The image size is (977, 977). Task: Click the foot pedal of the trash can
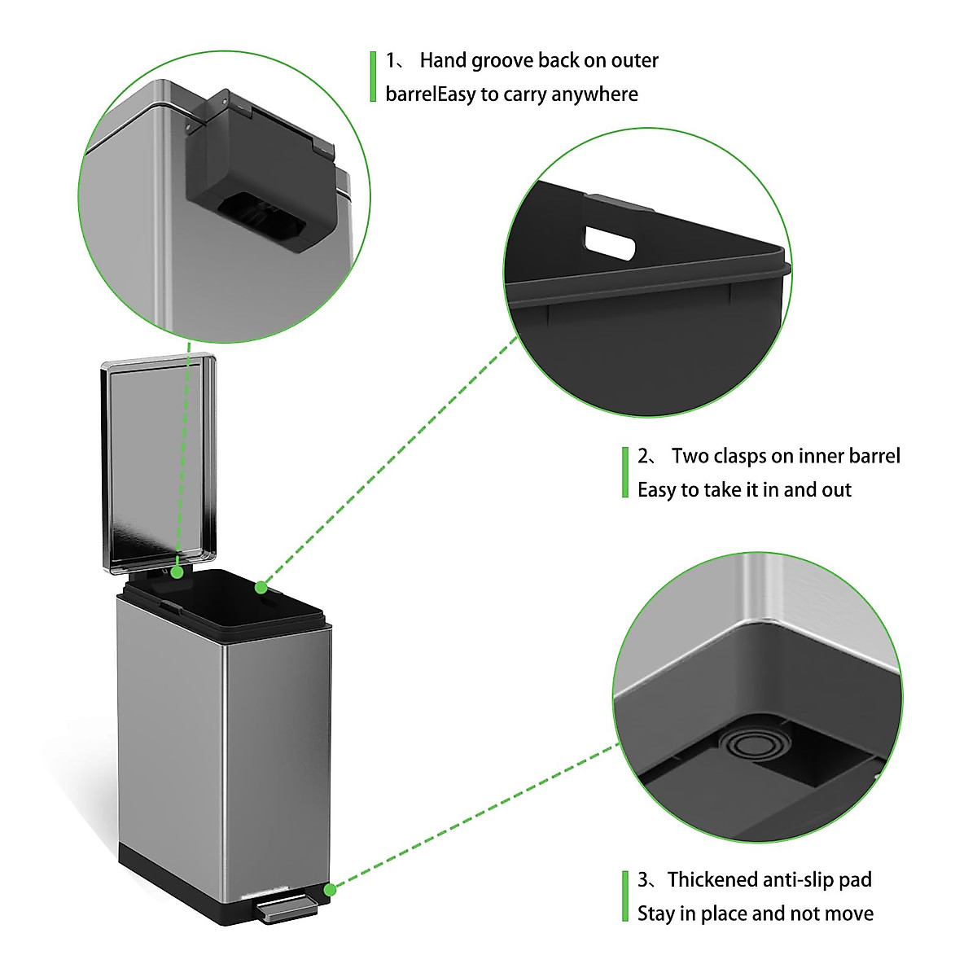(x=286, y=908)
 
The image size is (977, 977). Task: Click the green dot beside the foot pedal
(x=330, y=889)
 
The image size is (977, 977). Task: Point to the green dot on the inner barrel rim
(x=261, y=587)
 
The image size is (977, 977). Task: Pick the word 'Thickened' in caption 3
(x=712, y=880)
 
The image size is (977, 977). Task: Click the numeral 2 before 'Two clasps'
(x=643, y=456)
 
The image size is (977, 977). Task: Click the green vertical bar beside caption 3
(x=624, y=896)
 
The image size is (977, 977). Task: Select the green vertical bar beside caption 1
(x=373, y=77)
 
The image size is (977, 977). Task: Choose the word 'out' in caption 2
(x=835, y=490)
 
